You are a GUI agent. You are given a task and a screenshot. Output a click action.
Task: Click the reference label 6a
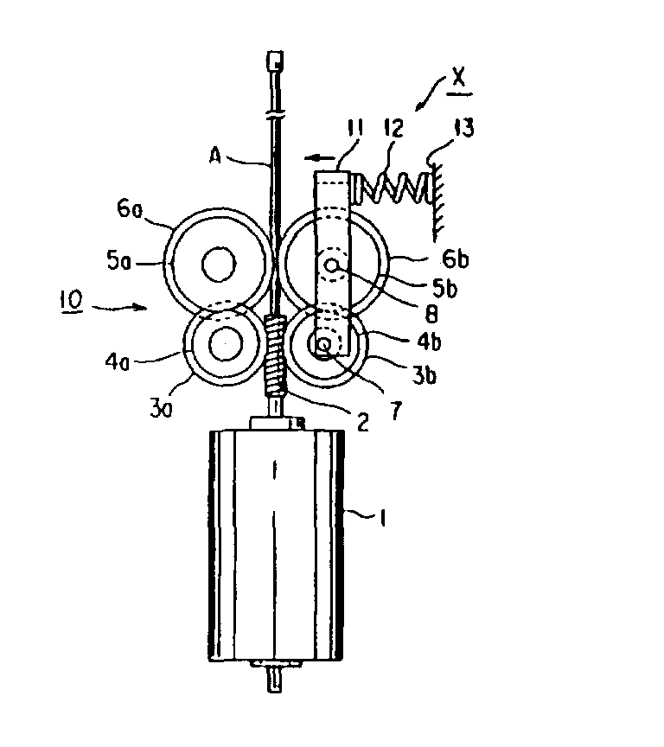pyautogui.click(x=130, y=209)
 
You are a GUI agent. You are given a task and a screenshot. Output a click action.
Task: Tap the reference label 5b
pyautogui.click(x=444, y=288)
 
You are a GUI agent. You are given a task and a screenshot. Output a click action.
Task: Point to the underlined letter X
pyautogui.click(x=458, y=78)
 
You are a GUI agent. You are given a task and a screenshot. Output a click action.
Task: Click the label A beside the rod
pyautogui.click(x=215, y=156)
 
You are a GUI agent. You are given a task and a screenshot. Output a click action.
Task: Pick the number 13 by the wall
pyautogui.click(x=464, y=128)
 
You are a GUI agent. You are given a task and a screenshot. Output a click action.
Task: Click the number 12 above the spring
pyautogui.click(x=394, y=128)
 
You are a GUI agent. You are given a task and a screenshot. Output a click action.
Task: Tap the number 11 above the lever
pyautogui.click(x=354, y=128)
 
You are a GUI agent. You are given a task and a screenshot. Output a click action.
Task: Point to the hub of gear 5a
pyautogui.click(x=219, y=264)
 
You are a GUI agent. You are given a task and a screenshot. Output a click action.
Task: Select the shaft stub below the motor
pyautogui.click(x=274, y=680)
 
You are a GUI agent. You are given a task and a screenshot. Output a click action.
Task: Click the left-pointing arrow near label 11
pyautogui.click(x=320, y=157)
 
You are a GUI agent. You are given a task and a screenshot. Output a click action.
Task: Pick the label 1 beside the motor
pyautogui.click(x=382, y=517)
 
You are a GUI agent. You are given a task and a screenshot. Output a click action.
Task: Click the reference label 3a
pyautogui.click(x=161, y=409)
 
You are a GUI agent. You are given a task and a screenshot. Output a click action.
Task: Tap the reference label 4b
pyautogui.click(x=429, y=342)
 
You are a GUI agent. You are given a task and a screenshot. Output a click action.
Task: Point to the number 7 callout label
pyautogui.click(x=396, y=410)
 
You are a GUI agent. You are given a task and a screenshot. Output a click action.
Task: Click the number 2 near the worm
pyautogui.click(x=363, y=422)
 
